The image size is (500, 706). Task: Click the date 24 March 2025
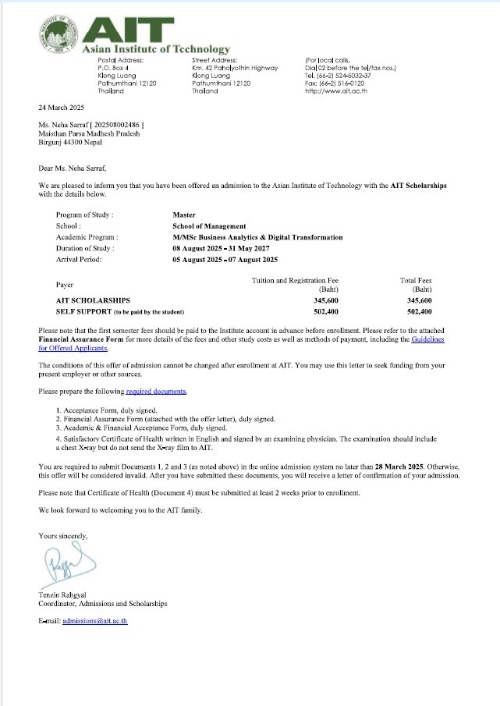click(60, 107)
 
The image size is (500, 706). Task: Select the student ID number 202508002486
click(117, 125)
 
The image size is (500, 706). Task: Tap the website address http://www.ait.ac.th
click(335, 91)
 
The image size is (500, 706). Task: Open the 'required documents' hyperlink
click(156, 391)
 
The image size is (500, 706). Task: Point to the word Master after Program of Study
click(184, 215)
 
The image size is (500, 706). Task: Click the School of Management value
click(209, 226)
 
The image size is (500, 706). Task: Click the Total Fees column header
click(415, 280)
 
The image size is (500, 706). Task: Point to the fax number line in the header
click(334, 83)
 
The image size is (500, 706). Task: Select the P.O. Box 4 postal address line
click(116, 68)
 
